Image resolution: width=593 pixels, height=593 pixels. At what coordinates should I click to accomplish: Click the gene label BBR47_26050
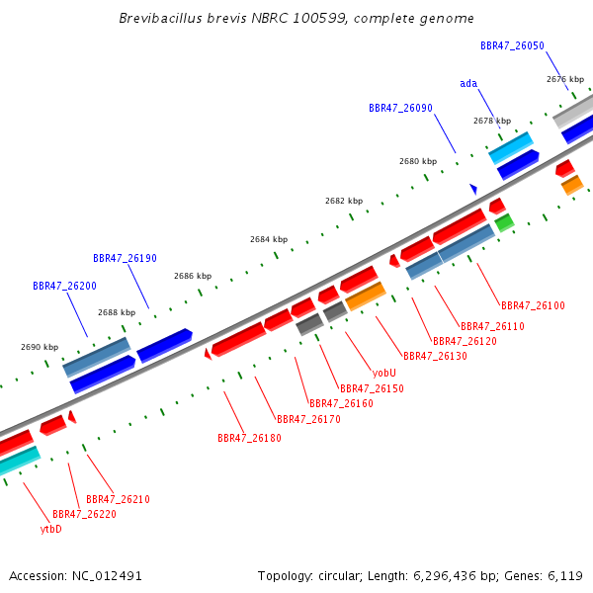point(512,45)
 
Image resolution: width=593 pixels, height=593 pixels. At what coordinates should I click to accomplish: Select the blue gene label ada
point(468,84)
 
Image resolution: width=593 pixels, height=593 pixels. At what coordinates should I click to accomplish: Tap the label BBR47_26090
point(400,108)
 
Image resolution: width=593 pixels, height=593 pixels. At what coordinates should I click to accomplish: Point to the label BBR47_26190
point(125,258)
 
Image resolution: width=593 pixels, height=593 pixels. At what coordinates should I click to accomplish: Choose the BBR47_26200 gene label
point(64,286)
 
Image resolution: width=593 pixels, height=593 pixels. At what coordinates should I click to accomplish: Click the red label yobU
point(383,373)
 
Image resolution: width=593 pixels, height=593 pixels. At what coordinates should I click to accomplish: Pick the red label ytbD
point(51,529)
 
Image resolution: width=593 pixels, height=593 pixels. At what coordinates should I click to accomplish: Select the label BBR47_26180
point(249,438)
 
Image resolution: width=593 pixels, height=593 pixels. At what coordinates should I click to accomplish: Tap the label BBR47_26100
point(533,305)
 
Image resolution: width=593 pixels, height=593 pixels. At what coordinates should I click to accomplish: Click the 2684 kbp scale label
point(269,239)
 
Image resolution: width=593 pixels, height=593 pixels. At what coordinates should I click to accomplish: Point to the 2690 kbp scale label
point(40,347)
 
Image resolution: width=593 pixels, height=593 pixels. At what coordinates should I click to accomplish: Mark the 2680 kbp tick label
point(418,161)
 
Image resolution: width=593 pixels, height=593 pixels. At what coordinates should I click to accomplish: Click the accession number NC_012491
point(107,576)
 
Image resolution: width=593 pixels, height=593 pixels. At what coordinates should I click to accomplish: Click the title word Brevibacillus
point(160,18)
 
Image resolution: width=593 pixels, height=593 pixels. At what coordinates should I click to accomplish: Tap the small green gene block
point(504,222)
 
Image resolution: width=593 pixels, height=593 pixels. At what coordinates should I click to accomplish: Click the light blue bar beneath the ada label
point(511,148)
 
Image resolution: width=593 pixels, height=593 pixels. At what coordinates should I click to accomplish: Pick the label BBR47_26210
point(118,499)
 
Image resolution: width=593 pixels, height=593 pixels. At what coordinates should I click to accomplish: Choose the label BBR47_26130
point(435,356)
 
